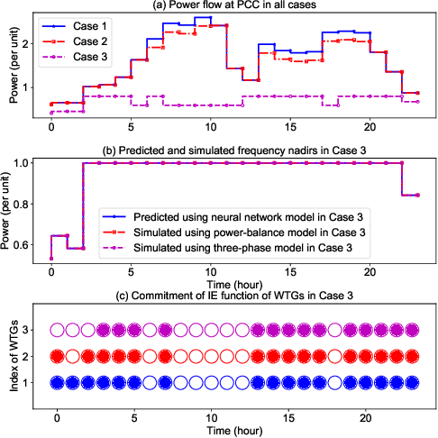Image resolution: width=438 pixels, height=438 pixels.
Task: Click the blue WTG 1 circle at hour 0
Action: coord(57,383)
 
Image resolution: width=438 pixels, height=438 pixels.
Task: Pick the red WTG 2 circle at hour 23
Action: coord(413,357)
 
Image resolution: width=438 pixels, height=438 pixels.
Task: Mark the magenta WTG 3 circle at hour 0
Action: coord(57,331)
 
